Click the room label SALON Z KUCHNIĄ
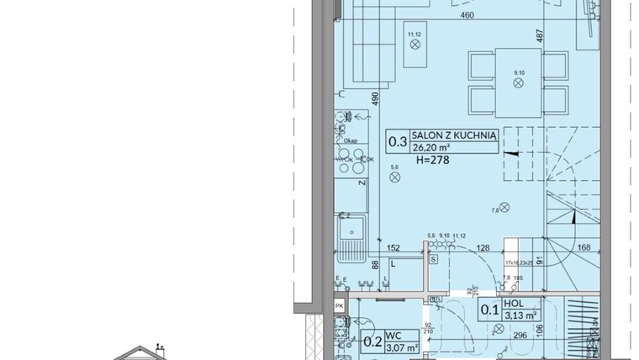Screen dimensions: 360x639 point(454,134)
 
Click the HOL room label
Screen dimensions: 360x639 point(515,305)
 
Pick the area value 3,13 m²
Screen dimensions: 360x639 point(520,316)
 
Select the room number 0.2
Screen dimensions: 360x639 point(372,341)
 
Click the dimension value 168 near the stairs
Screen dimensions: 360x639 point(585,246)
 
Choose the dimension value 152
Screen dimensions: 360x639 point(392,247)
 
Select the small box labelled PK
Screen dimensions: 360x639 point(339,305)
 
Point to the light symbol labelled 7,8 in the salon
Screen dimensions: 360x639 point(504,208)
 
